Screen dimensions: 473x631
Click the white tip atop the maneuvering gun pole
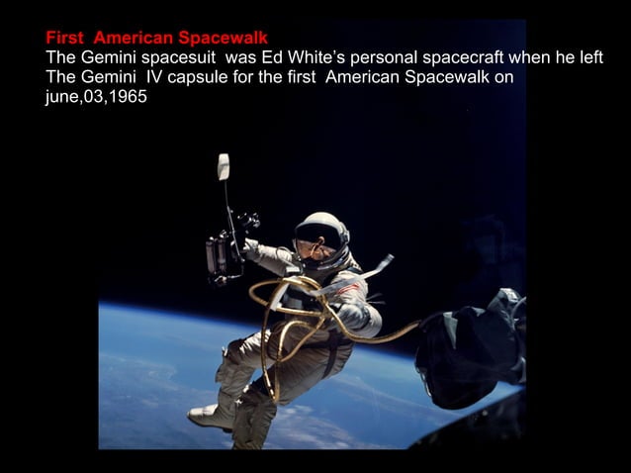click(224, 166)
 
